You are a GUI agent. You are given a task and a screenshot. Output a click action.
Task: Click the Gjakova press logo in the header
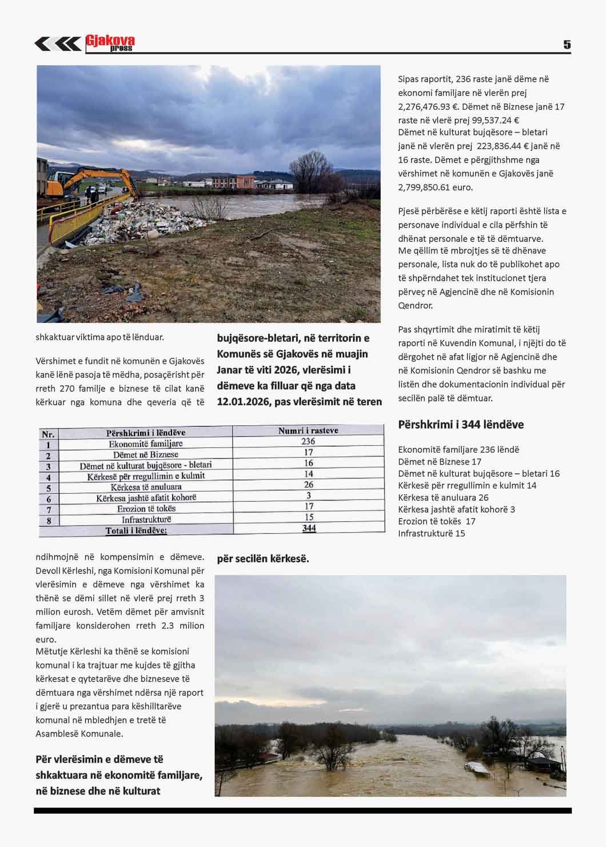[x=110, y=43]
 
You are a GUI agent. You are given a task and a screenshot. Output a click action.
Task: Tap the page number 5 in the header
[x=567, y=45]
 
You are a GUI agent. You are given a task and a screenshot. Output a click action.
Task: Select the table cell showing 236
[x=308, y=441]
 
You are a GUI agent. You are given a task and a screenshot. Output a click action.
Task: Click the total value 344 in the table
[x=309, y=528]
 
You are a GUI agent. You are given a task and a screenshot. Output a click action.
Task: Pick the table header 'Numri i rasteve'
[x=308, y=430]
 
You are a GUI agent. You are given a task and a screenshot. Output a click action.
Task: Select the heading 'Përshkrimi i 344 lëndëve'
[x=461, y=425]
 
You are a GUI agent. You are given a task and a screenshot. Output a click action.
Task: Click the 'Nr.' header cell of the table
[x=48, y=434]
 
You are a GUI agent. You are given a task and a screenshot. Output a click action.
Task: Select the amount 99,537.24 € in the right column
[x=487, y=120]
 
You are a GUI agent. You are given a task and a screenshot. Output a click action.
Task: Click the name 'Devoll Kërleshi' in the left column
[x=66, y=570]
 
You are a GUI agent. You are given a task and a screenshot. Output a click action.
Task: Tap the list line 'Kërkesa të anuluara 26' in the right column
[x=443, y=497]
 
